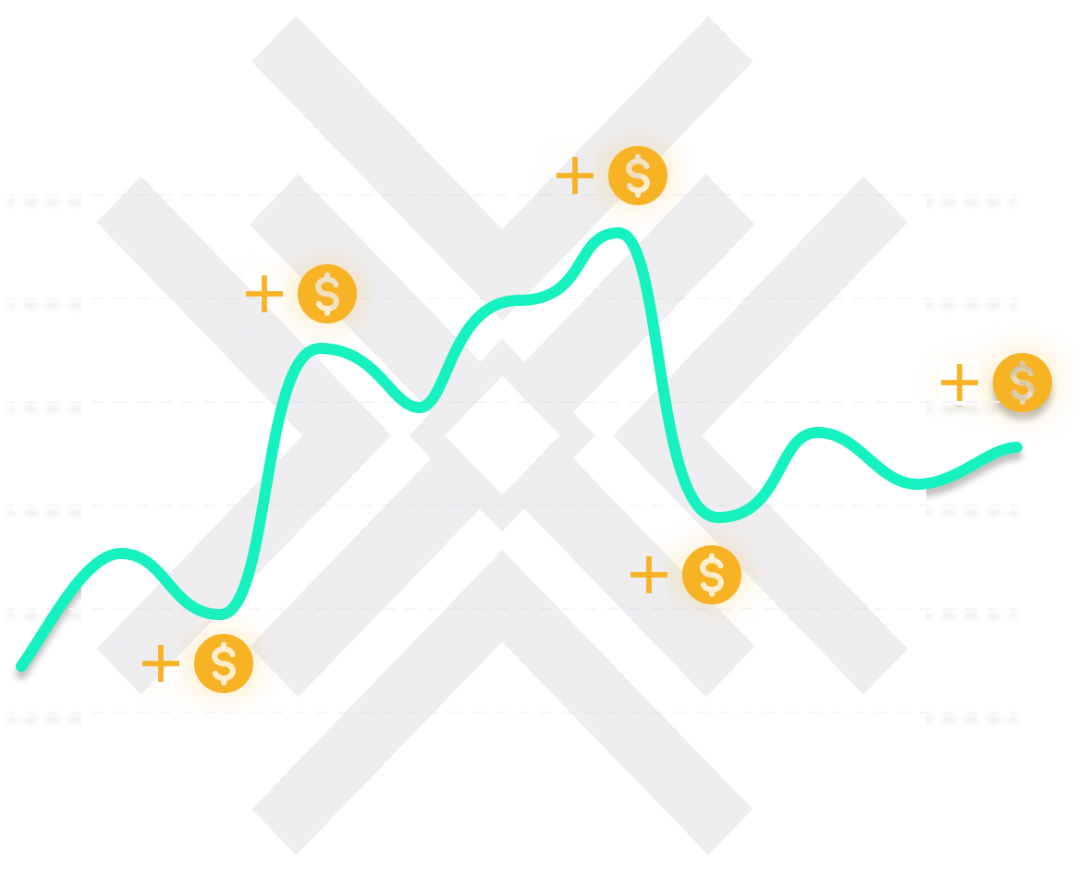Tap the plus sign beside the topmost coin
[x=574, y=175]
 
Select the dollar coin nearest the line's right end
[x=1022, y=384]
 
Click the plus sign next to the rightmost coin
[x=953, y=382]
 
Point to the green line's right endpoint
[x=1019, y=448]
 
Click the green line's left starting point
[x=21, y=665]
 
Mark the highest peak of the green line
[x=615, y=232]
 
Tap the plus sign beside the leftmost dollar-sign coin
[x=261, y=293]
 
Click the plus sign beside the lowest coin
[x=159, y=664]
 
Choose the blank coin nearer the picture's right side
[x=710, y=575]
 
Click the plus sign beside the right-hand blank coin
[x=648, y=575]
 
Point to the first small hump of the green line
[x=120, y=554]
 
